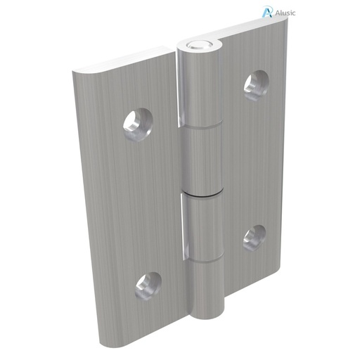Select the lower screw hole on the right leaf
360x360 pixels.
pyautogui.click(x=255, y=237)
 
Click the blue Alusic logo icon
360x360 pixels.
pyautogui.click(x=266, y=11)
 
